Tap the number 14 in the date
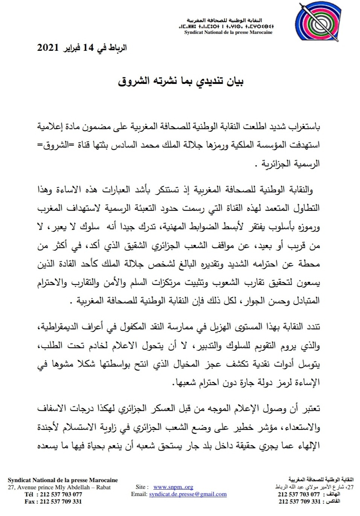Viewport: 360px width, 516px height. (x=88, y=47)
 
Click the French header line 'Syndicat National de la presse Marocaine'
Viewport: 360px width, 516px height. (x=228, y=32)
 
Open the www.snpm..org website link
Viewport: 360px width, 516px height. (x=173, y=487)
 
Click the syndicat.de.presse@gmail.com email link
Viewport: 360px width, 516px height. (x=188, y=494)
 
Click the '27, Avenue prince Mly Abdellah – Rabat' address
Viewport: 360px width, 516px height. (x=59, y=487)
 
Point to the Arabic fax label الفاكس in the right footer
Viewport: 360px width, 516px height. (x=333, y=501)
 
